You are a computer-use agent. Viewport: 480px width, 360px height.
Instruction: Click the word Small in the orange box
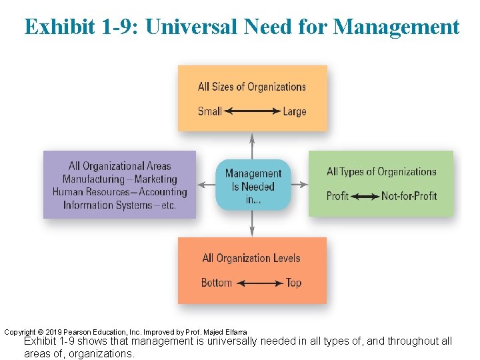tap(209, 111)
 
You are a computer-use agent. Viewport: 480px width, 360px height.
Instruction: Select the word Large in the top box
tap(294, 111)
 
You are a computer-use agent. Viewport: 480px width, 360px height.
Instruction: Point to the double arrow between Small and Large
tap(252, 111)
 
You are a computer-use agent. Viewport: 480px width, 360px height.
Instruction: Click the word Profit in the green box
tap(337, 196)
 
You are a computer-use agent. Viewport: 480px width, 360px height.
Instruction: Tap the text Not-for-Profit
tap(409, 196)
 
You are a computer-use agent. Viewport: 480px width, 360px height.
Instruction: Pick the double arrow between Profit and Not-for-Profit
tap(365, 196)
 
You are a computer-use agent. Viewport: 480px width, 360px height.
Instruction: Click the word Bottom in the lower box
tap(217, 283)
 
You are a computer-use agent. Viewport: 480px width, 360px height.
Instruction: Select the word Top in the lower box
tap(293, 283)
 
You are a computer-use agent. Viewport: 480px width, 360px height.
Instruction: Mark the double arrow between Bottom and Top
tap(260, 283)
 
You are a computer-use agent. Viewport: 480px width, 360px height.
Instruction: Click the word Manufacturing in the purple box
tap(93, 179)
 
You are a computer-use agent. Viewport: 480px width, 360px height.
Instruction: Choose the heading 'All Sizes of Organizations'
tap(252, 87)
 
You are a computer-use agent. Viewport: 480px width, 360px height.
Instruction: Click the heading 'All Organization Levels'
tap(251, 258)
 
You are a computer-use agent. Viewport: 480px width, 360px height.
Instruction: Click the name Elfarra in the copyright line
tap(234, 332)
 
